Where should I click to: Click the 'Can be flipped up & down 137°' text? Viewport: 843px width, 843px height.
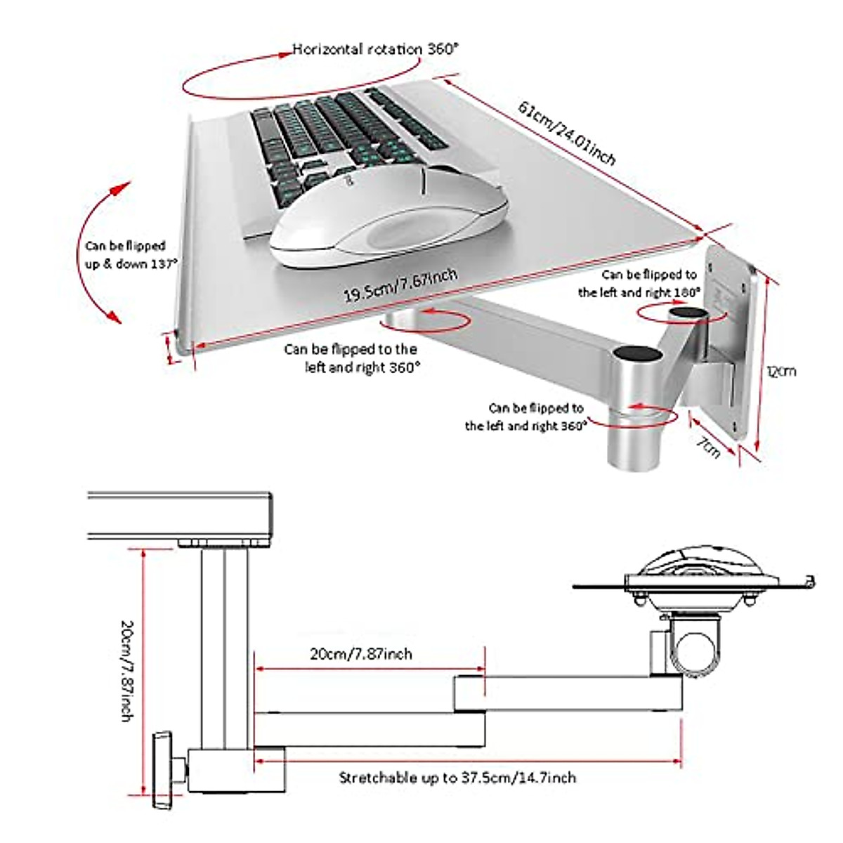pyautogui.click(x=126, y=255)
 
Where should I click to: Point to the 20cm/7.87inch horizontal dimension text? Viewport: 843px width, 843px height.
pyautogui.click(x=361, y=654)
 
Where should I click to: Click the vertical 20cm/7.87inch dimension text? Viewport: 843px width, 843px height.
pyautogui.click(x=126, y=670)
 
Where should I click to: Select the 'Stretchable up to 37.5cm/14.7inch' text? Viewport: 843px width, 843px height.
pyautogui.click(x=457, y=778)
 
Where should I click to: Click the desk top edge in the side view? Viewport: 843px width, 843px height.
pyautogui.click(x=179, y=495)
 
